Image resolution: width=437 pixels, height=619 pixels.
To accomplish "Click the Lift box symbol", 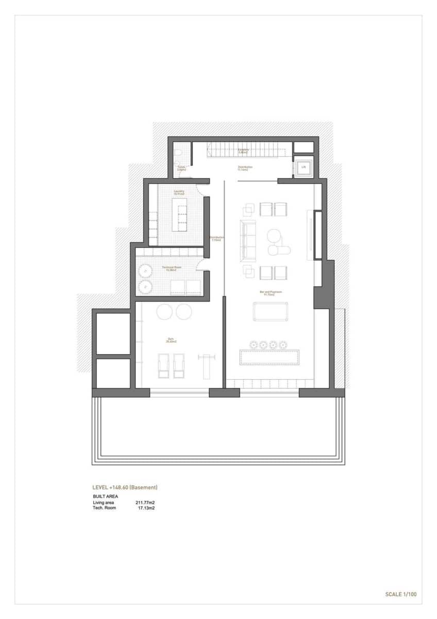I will point(303,167).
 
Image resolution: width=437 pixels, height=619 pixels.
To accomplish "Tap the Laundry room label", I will point(179,192).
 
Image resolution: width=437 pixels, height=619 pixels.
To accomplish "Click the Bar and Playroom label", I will point(268,292).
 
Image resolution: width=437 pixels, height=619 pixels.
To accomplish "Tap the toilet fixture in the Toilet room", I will point(177,154).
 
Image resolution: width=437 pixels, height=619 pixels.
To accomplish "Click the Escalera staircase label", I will point(244,151).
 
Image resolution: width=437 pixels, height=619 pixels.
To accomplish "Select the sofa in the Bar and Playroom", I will point(248,240).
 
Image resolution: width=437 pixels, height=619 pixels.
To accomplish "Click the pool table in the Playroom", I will point(271,312).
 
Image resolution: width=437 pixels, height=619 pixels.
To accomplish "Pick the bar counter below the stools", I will point(271,357).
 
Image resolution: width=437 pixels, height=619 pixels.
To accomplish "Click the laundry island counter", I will point(180,217).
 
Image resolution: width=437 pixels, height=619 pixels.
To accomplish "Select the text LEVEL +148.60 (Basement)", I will point(124,487).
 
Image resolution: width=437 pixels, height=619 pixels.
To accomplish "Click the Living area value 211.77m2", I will point(145,502).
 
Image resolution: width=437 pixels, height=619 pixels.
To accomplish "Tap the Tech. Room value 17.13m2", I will point(146,508).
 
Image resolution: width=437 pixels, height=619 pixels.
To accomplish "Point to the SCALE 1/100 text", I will point(400,594).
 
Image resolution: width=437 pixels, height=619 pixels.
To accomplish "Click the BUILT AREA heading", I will point(105,496).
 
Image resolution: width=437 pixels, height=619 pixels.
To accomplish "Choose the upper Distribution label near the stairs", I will point(245,168).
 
